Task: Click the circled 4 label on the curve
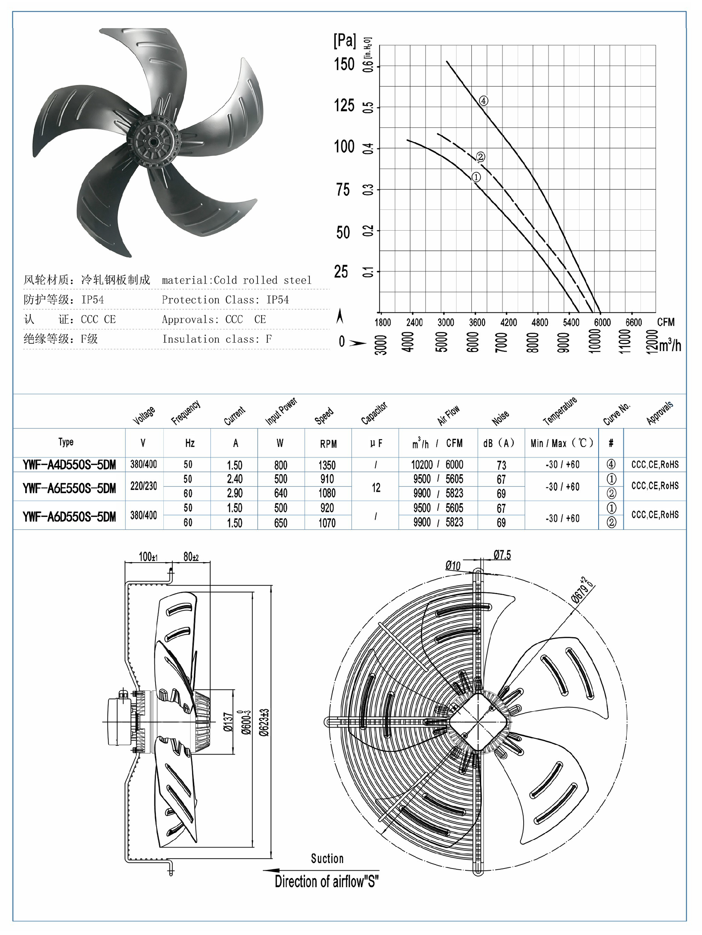click(x=483, y=101)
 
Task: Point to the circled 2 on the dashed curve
click(x=480, y=157)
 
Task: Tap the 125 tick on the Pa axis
click(x=344, y=105)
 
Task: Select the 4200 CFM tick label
click(x=508, y=322)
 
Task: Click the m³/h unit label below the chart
click(x=670, y=346)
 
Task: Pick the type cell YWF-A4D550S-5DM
click(x=69, y=465)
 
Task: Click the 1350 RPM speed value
click(x=327, y=465)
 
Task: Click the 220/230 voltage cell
click(x=143, y=486)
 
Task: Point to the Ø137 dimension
click(x=227, y=722)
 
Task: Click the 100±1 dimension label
click(x=148, y=557)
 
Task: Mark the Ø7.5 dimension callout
click(x=502, y=555)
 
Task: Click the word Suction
click(x=327, y=859)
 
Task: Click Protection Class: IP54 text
click(x=225, y=300)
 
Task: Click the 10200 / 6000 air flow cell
click(x=437, y=465)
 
